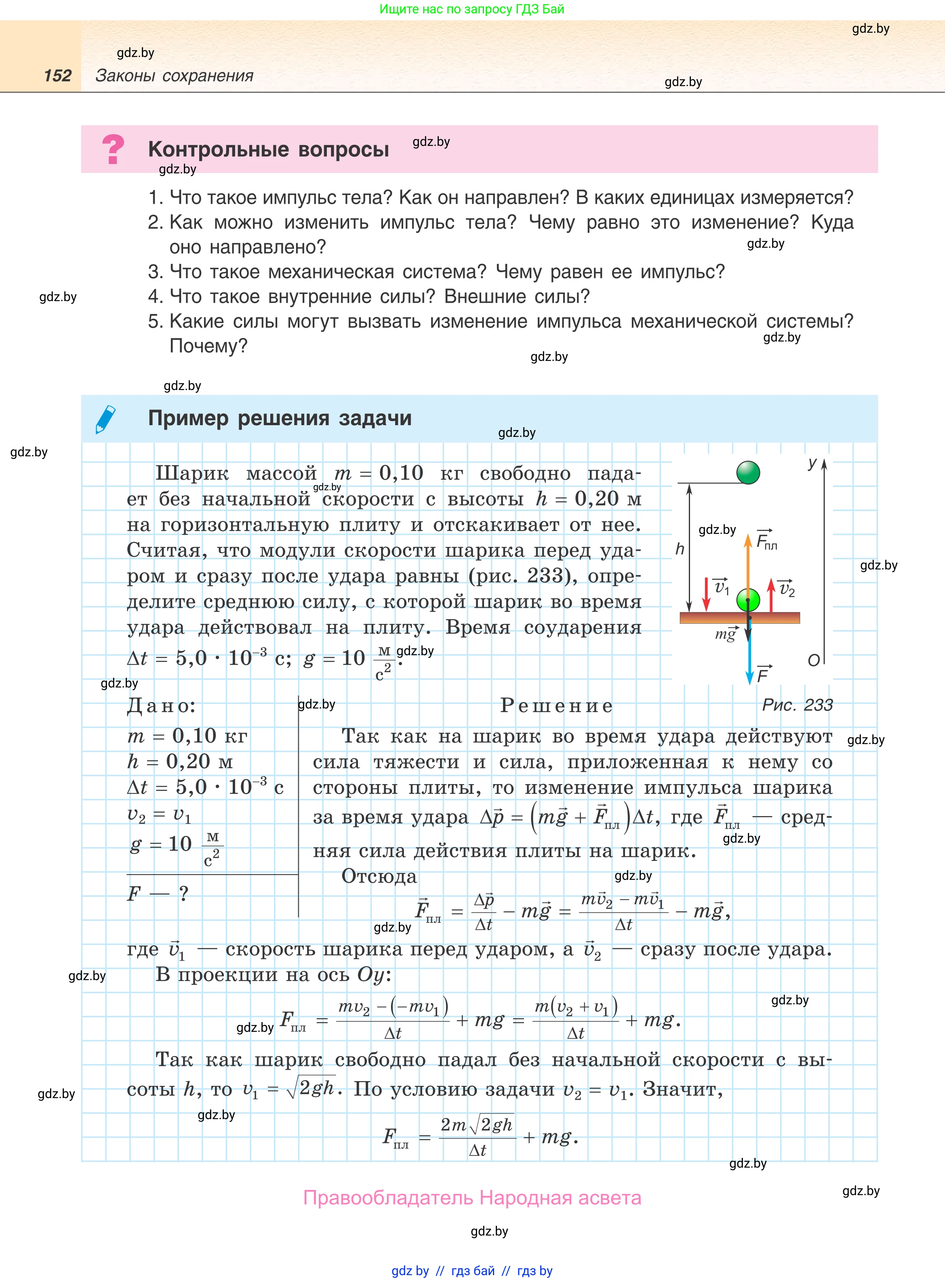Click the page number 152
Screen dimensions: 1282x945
click(x=57, y=76)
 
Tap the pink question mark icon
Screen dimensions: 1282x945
click(x=113, y=149)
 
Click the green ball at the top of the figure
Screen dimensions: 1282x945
click(x=748, y=472)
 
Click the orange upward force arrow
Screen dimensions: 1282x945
click(x=748, y=566)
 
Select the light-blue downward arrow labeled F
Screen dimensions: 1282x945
click(x=749, y=658)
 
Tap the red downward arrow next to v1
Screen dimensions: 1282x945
click(x=707, y=595)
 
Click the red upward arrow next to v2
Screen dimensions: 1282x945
click(x=771, y=595)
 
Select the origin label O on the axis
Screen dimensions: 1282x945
click(x=813, y=661)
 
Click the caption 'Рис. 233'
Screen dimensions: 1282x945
click(x=798, y=705)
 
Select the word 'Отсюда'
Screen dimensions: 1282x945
click(x=379, y=876)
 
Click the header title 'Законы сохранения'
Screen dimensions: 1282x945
click(x=175, y=76)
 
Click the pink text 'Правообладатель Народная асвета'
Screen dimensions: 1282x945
click(x=472, y=1198)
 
